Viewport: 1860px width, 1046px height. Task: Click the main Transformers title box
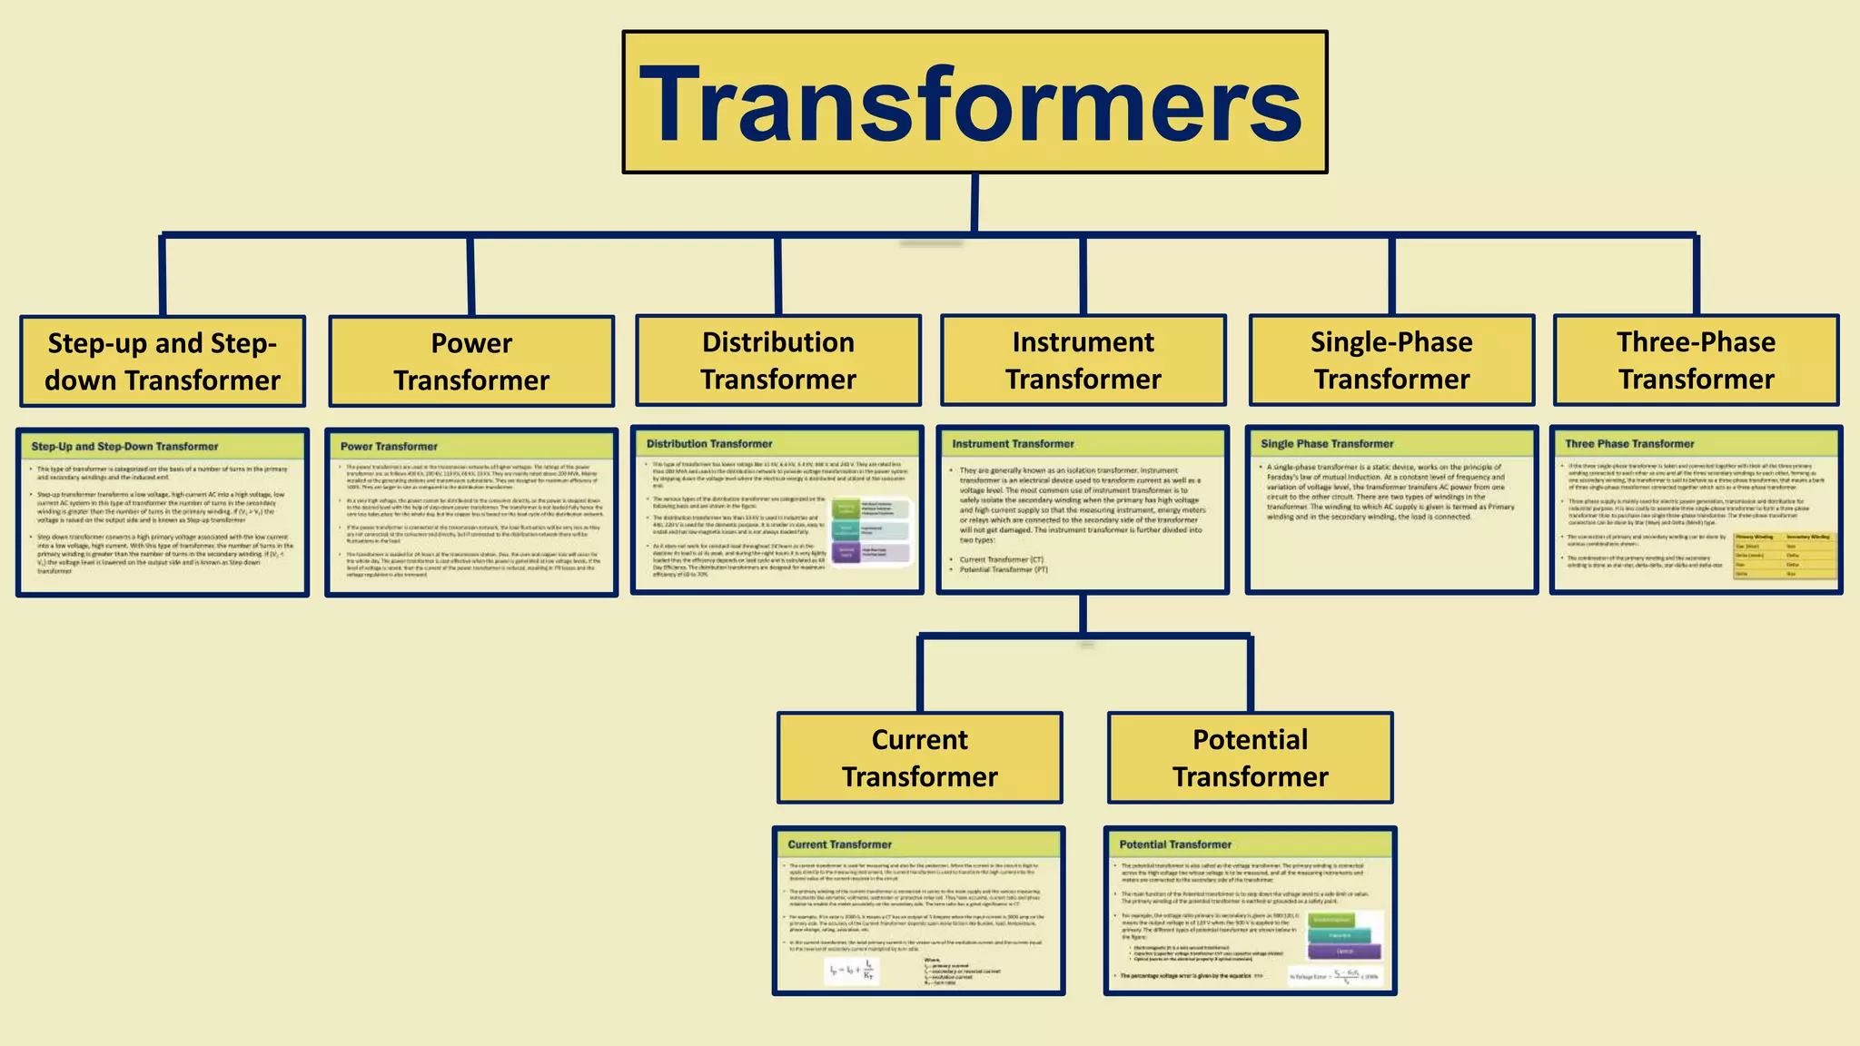975,102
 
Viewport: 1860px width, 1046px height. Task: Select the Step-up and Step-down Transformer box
163,361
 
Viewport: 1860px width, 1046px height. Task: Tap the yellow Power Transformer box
471,361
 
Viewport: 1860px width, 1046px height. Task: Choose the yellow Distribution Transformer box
778,360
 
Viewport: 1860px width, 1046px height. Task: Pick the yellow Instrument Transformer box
1083,360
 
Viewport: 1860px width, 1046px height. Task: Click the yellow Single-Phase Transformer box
1391,360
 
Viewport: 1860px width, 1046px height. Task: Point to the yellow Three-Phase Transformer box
1696,360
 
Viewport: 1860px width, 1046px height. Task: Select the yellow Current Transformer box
920,758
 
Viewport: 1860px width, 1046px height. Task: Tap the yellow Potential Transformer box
1251,758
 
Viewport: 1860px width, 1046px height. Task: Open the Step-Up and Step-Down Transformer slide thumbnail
163,513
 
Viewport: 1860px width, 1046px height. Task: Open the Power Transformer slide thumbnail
471,513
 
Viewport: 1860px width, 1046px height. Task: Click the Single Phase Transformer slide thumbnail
1391,510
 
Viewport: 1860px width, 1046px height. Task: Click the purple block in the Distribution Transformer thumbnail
846,552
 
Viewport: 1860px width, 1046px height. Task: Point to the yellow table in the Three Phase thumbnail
1784,556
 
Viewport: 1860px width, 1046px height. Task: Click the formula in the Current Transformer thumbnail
851,971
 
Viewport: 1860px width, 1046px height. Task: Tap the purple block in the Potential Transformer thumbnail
1345,951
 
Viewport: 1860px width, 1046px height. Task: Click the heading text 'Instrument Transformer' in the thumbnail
1013,444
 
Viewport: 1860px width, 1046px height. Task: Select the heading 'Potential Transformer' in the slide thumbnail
1175,844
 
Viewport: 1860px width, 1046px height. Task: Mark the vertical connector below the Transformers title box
975,203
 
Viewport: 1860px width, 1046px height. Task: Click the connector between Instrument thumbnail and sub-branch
1083,615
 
